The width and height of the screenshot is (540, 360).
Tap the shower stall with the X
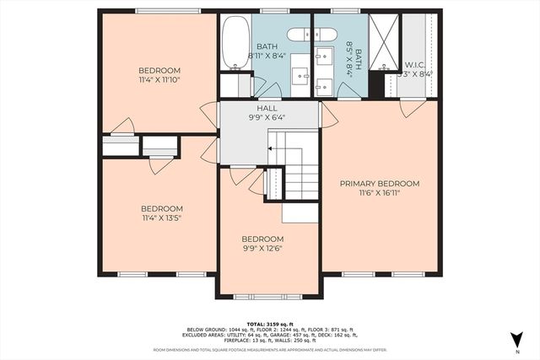click(x=384, y=42)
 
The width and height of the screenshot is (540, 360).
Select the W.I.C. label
click(x=415, y=64)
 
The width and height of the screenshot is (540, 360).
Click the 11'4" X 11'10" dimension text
click(x=159, y=80)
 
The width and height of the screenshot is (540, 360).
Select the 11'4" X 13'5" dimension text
click(x=161, y=218)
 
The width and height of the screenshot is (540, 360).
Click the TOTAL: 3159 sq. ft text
click(x=269, y=323)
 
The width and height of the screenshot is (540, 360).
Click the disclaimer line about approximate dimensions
click(x=269, y=348)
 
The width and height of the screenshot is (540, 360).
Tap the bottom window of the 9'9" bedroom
click(x=268, y=296)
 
